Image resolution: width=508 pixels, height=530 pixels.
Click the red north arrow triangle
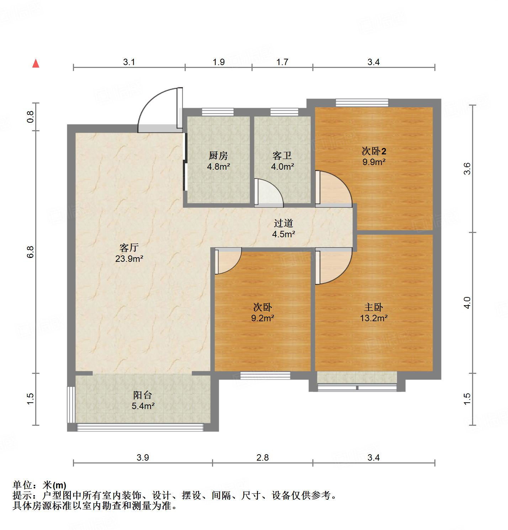pyautogui.click(x=36, y=63)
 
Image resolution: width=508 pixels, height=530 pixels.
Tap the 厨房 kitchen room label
pyautogui.click(x=218, y=155)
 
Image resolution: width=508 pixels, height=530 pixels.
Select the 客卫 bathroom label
pyautogui.click(x=282, y=155)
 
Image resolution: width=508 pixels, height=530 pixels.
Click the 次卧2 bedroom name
pyautogui.click(x=374, y=151)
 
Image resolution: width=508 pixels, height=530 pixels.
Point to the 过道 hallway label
pyautogui.click(x=283, y=223)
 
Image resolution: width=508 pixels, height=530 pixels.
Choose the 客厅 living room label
pyautogui.click(x=129, y=248)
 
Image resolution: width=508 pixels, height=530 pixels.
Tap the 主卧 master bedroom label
pyautogui.click(x=373, y=307)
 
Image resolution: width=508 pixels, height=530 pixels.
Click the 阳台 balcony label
pyautogui.click(x=143, y=395)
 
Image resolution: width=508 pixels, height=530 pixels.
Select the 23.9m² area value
pyautogui.click(x=129, y=259)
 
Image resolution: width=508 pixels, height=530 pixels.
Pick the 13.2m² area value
pyautogui.click(x=373, y=318)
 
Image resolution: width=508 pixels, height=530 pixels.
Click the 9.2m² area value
pyautogui.click(x=263, y=318)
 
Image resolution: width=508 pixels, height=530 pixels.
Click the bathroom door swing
pyautogui.click(x=269, y=192)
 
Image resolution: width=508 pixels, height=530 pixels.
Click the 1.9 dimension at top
pyautogui.click(x=218, y=62)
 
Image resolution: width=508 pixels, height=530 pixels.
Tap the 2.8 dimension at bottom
pyautogui.click(x=263, y=457)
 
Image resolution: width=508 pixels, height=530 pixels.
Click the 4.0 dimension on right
pyautogui.click(x=467, y=303)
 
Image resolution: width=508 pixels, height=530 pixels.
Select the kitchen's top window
pyautogui.click(x=218, y=112)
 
